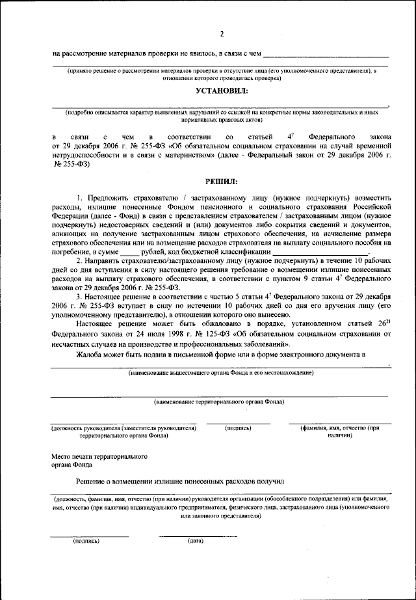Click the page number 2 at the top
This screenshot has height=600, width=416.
click(x=221, y=34)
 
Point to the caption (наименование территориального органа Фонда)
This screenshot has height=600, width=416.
click(x=219, y=402)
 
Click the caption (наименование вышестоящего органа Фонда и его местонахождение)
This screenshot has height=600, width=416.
click(x=220, y=373)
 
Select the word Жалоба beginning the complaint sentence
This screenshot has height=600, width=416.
click(x=92, y=355)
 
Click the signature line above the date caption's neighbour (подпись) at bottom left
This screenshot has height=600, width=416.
click(x=90, y=536)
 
